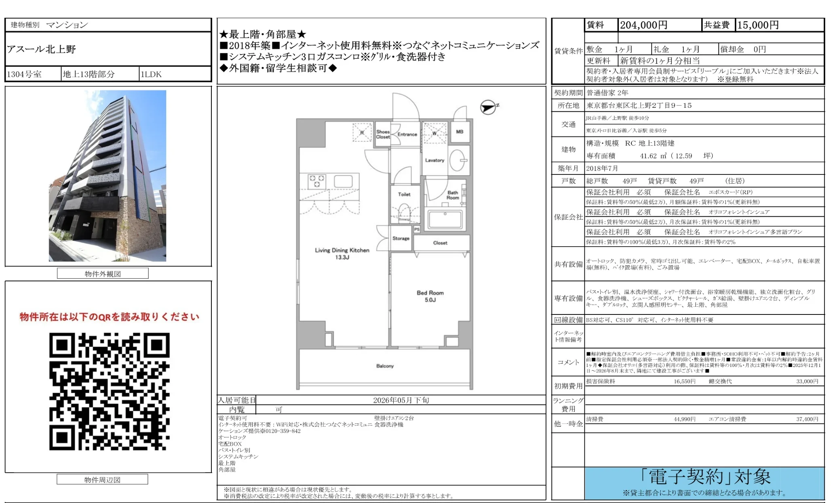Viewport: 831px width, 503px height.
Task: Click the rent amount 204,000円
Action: tap(643, 25)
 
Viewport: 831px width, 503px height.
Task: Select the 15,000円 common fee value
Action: tap(758, 25)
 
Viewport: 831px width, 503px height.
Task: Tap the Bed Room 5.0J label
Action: tap(430, 296)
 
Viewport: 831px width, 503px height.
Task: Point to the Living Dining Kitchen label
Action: tap(342, 253)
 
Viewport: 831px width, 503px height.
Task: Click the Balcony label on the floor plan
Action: tap(385, 366)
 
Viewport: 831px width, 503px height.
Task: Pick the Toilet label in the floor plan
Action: tap(404, 194)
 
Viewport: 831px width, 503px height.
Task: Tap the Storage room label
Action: tap(401, 238)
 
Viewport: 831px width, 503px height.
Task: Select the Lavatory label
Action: tap(434, 160)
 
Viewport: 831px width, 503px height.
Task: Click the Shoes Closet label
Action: tap(383, 134)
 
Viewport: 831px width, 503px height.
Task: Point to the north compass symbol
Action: tap(488, 107)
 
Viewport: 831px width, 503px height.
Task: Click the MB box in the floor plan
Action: tap(460, 132)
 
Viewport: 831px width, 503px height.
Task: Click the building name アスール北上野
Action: tap(41, 49)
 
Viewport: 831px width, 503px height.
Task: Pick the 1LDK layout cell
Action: tap(151, 74)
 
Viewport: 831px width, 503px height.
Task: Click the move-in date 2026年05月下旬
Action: tap(401, 400)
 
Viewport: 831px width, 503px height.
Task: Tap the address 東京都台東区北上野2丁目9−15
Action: tap(639, 105)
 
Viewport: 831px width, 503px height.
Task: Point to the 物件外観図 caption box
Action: tap(103, 274)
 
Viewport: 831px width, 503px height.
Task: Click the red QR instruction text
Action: tap(109, 317)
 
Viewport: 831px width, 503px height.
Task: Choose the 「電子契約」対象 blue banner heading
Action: tap(705, 477)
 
